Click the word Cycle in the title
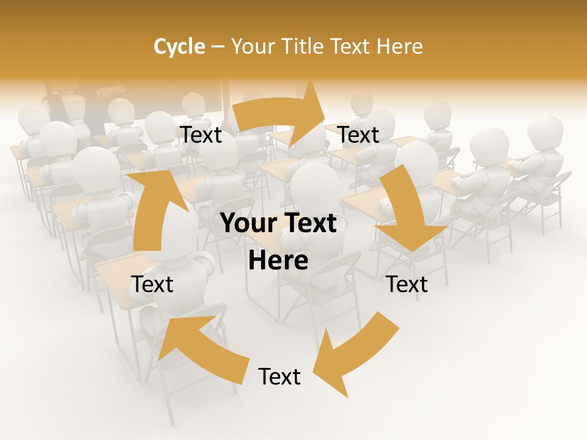pyautogui.click(x=179, y=46)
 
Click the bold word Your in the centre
pyautogui.click(x=250, y=224)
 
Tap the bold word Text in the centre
pyautogui.click(x=309, y=224)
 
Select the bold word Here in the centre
pyautogui.click(x=278, y=261)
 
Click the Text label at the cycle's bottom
pyautogui.click(x=279, y=376)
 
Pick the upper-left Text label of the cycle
pyautogui.click(x=201, y=135)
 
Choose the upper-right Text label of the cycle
pyautogui.click(x=359, y=135)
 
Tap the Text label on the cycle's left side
pyautogui.click(x=152, y=284)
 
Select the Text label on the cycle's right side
pyautogui.click(x=407, y=284)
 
